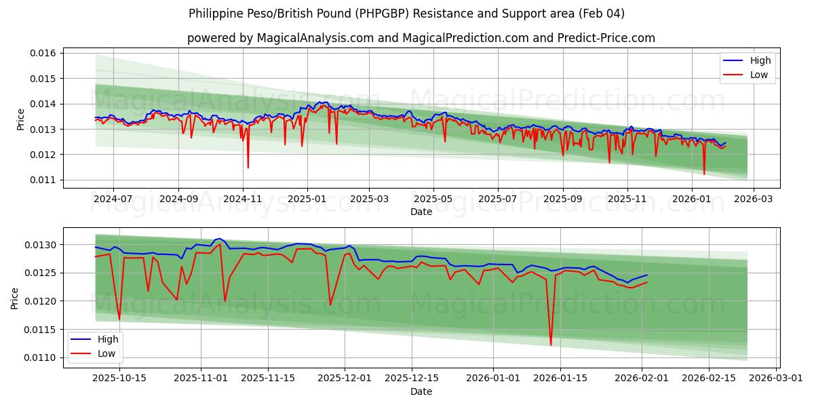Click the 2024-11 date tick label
click(x=242, y=200)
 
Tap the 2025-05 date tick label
click(x=433, y=200)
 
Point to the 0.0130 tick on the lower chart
click(x=43, y=244)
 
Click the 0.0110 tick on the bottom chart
click(x=43, y=357)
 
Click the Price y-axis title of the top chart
click(x=20, y=119)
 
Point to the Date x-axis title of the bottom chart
click(x=421, y=391)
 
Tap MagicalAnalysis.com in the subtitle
click(x=315, y=38)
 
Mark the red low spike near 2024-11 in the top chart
click(x=248, y=168)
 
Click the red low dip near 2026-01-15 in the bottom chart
click(x=551, y=345)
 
